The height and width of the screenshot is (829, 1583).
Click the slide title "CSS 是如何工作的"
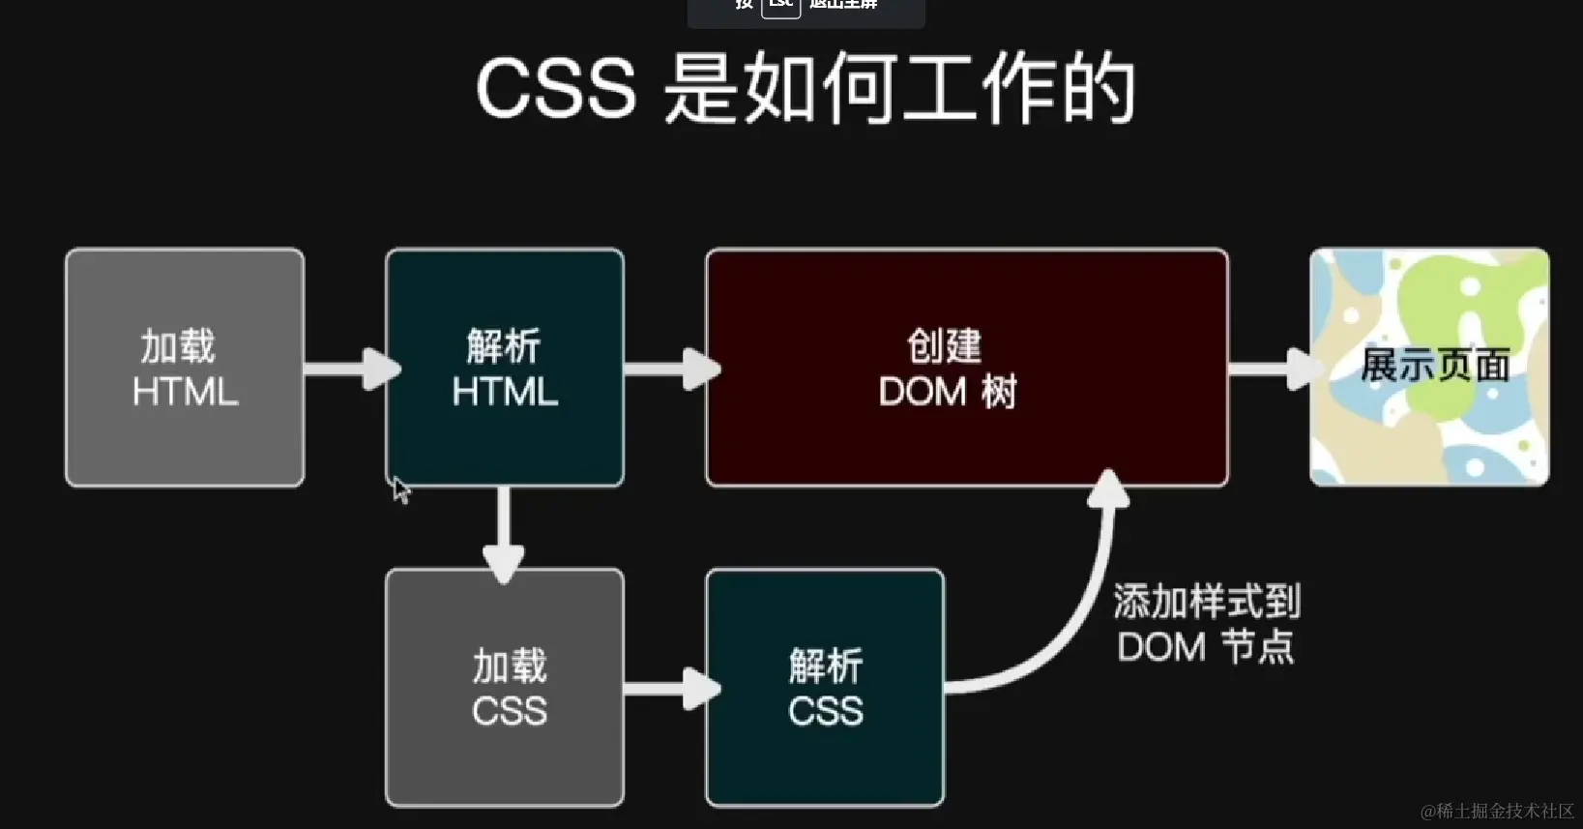click(x=806, y=89)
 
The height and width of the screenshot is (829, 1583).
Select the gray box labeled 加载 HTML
click(x=185, y=368)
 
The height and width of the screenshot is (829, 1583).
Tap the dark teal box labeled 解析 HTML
click(x=505, y=368)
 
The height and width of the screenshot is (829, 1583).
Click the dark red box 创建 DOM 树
click(x=967, y=368)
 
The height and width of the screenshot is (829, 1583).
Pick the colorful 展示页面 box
click(x=1429, y=368)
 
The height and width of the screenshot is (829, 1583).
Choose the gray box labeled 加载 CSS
click(x=505, y=687)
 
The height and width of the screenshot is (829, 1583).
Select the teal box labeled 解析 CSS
click(x=825, y=687)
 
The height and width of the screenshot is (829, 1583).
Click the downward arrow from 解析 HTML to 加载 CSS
click(x=504, y=532)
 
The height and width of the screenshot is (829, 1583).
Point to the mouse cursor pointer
click(x=400, y=489)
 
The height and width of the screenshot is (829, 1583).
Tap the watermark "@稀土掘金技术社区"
click(x=1497, y=811)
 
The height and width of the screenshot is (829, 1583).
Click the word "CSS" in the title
click(x=556, y=89)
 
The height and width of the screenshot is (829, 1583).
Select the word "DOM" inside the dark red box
click(x=923, y=392)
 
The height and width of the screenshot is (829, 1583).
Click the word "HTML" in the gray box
click(x=185, y=392)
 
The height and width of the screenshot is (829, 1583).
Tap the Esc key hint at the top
click(x=780, y=5)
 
